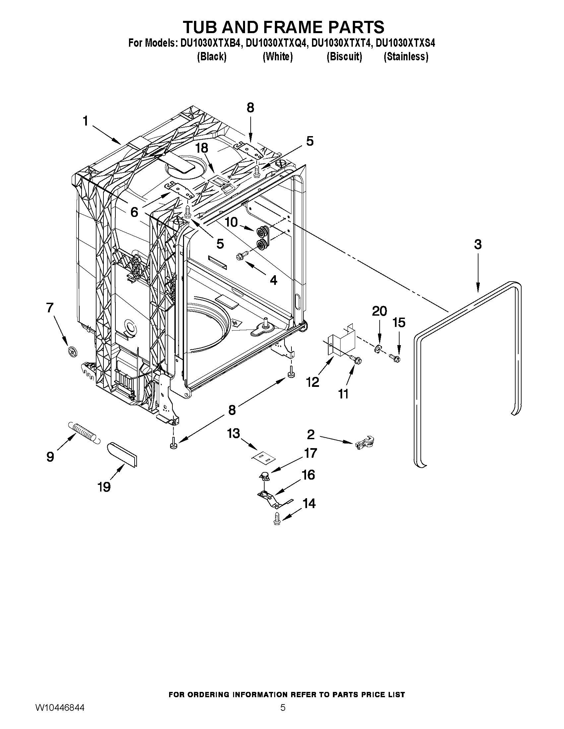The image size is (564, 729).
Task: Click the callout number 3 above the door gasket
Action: click(x=478, y=245)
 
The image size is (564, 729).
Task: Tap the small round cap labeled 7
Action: click(x=72, y=351)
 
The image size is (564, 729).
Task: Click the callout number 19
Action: click(x=104, y=487)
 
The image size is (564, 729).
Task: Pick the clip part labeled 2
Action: click(x=364, y=443)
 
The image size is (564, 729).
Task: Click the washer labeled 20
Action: click(x=377, y=349)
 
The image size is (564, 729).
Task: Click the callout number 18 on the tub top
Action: click(x=202, y=147)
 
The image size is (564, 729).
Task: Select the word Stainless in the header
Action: click(x=406, y=57)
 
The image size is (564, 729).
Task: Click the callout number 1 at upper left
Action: click(x=86, y=121)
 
